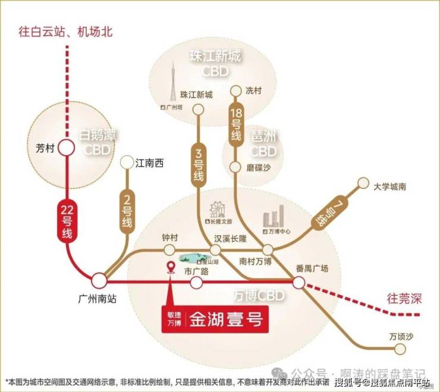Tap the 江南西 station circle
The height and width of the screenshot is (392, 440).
click(x=127, y=162)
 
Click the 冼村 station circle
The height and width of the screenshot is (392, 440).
click(x=236, y=91)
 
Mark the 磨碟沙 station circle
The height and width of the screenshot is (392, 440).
click(x=236, y=168)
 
